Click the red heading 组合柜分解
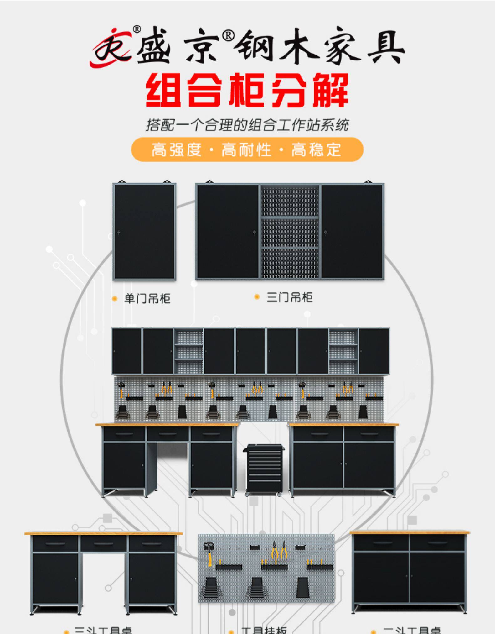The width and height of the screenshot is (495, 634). coord(247,90)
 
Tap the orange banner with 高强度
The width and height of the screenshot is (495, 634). coord(247,149)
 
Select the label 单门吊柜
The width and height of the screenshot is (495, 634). coord(147,298)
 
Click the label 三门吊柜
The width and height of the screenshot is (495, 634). coord(289,297)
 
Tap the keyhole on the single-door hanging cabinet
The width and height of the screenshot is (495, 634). coord(119,232)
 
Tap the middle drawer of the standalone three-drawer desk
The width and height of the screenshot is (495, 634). coord(104,544)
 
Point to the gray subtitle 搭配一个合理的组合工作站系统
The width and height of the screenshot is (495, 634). coord(247,125)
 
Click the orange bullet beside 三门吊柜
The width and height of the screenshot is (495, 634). coord(257,297)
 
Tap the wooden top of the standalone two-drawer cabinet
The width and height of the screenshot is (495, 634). coord(410,532)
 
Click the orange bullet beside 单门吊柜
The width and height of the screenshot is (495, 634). coord(115,299)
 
